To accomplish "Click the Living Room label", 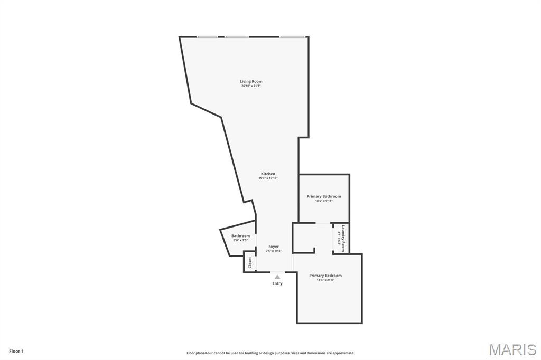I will pos(251,81).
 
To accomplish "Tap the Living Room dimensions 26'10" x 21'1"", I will pos(251,86).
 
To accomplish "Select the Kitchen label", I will pos(268,174).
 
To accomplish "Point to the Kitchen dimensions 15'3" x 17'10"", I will pos(268,178).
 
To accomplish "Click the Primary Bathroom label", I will pos(324,196).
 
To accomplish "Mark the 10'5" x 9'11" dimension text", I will pos(324,201).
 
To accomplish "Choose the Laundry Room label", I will pos(343,238).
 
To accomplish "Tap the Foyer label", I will pos(273,247).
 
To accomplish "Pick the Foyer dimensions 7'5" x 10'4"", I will pos(273,251).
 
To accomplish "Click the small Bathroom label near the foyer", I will pos(240,236).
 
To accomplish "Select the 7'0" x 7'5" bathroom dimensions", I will pos(240,241).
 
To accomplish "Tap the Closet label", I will pos(250,262).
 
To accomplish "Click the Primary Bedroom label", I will pos(325,276).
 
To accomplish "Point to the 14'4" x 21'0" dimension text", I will pos(325,280).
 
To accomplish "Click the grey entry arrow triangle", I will pos(277,277).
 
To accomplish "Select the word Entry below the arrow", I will pos(277,283).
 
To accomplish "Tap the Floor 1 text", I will pos(16,351).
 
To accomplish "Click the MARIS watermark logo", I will pos(512,349).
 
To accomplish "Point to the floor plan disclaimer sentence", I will pos(270,353).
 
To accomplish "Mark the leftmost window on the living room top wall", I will pos(207,37).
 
